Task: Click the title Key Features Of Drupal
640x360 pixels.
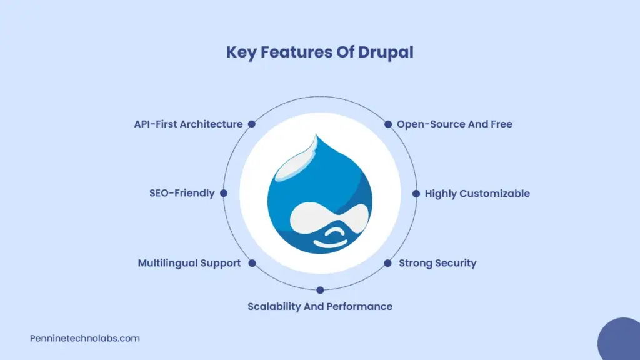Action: (319, 52)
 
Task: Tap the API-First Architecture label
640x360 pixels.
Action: (188, 124)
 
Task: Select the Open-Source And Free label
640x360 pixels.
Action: (454, 124)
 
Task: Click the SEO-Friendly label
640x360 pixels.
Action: (182, 193)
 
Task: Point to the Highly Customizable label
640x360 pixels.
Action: (477, 194)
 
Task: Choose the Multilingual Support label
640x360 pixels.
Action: (189, 263)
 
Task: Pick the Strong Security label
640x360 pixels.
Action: (437, 263)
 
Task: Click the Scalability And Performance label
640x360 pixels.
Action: (320, 306)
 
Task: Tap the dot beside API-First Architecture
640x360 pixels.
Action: (252, 124)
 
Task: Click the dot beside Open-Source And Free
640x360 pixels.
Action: (388, 124)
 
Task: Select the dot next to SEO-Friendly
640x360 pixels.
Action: (224, 193)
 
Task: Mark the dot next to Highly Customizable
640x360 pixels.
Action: (416, 194)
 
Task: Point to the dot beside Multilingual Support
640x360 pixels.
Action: (252, 263)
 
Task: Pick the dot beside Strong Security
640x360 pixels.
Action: (387, 263)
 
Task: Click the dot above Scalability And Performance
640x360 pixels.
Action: (320, 290)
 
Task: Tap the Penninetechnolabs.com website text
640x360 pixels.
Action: (85, 338)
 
